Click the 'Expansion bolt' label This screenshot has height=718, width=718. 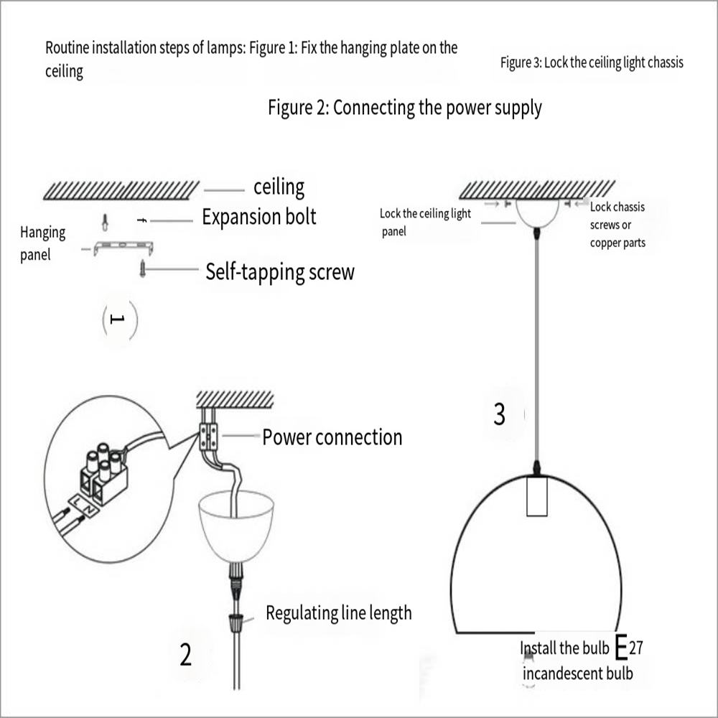258,217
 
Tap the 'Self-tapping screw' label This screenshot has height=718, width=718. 279,272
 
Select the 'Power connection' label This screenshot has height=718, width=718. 332,437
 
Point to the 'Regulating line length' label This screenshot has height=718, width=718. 339,612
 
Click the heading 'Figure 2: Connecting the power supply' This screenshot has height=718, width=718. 405,108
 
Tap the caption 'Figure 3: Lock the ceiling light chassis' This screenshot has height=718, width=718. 592,62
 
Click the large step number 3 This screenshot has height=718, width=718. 500,414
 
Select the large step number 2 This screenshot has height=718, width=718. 186,654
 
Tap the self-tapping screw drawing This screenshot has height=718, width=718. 142,271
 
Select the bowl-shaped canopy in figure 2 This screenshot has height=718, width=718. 232,522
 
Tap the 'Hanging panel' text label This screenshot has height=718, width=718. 42,243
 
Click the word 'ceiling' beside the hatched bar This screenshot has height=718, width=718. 279,187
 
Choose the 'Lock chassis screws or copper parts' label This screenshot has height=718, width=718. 617,225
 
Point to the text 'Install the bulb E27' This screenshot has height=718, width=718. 581,648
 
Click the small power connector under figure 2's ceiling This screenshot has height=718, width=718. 208,435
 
